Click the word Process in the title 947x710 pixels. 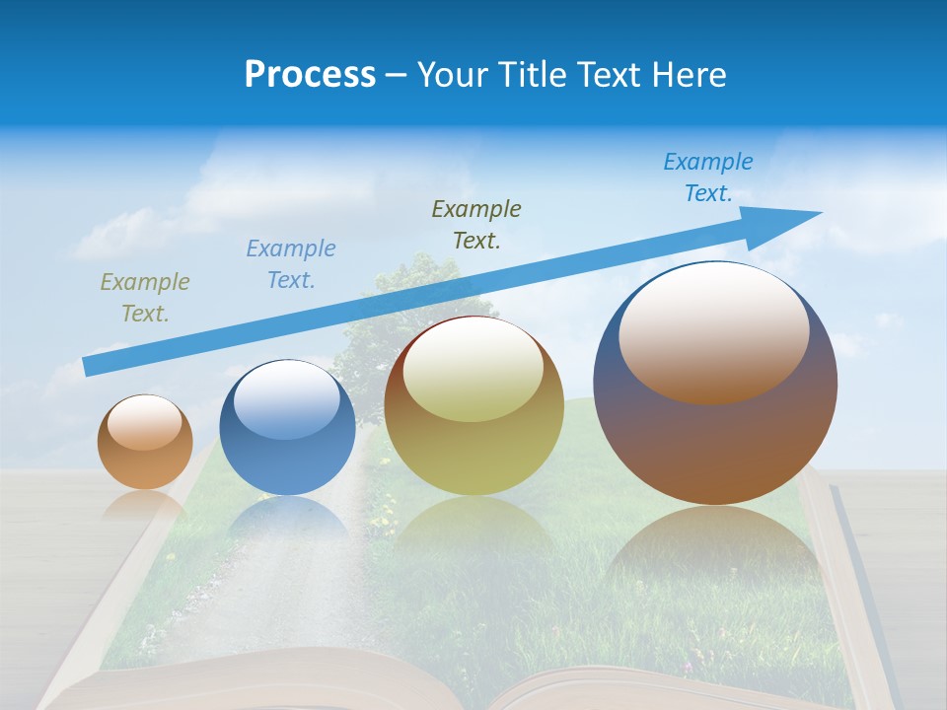click(310, 75)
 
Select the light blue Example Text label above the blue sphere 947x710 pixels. click(291, 264)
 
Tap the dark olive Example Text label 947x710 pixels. click(476, 224)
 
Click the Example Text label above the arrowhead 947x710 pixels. click(708, 177)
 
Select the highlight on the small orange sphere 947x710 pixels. click(144, 422)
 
